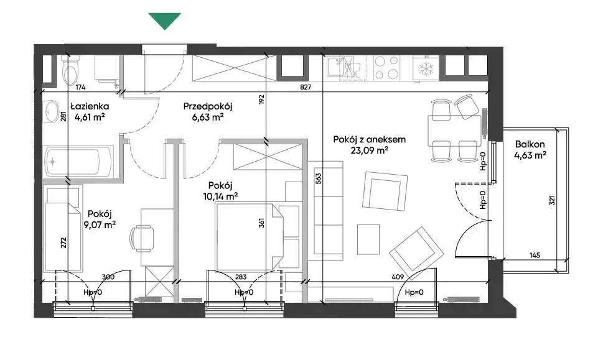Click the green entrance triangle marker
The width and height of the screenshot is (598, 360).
(x=165, y=20)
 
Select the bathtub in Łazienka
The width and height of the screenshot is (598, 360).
(x=79, y=162)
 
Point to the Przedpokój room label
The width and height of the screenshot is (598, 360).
(x=207, y=106)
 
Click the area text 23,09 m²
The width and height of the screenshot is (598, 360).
(x=369, y=150)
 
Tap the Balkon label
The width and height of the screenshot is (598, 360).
(x=530, y=144)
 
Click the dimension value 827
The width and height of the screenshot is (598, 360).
(x=306, y=87)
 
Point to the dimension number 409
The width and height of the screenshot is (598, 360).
(x=398, y=277)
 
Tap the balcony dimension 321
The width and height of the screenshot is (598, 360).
(x=552, y=200)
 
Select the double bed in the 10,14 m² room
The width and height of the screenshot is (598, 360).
(x=250, y=236)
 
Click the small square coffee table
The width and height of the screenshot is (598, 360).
(x=368, y=239)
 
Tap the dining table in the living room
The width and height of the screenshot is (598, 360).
(x=454, y=131)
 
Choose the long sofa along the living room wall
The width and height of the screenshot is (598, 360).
(x=325, y=211)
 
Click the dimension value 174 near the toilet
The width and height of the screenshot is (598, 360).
(x=80, y=87)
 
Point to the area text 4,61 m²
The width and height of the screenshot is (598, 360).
(x=90, y=117)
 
